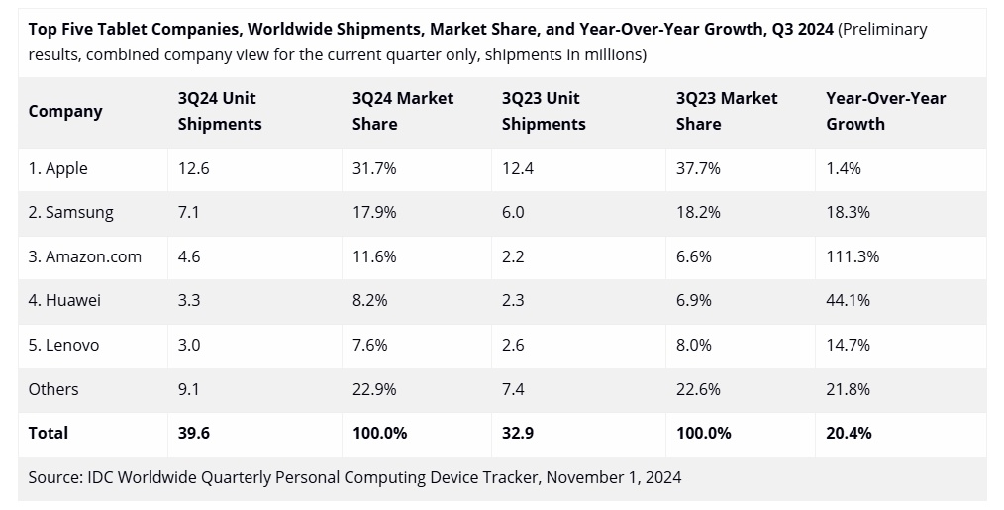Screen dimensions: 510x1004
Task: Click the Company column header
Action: pos(65,111)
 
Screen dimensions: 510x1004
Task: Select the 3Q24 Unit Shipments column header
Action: pos(220,111)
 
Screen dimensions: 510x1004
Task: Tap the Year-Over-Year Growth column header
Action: pos(885,111)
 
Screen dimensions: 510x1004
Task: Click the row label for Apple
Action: pos(58,168)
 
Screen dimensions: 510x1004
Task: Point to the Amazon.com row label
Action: pos(85,256)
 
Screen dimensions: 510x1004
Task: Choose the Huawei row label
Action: pos(65,300)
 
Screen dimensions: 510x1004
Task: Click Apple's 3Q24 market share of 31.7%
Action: pos(374,168)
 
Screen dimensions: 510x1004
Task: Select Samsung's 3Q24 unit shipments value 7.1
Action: pos(188,212)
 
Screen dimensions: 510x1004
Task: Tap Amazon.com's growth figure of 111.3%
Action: pos(853,256)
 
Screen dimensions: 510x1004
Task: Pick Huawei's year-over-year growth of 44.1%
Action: pos(849,300)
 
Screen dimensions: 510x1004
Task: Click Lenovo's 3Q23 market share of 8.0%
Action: pos(694,345)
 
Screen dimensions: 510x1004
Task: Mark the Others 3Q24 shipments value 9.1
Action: pos(188,389)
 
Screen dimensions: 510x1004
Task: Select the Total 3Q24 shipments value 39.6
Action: pos(193,433)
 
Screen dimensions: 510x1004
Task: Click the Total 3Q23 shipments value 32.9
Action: pos(519,433)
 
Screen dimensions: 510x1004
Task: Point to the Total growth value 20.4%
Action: pos(850,433)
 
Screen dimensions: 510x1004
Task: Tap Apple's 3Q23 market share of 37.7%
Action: pos(698,168)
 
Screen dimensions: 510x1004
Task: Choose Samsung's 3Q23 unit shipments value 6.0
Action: pos(513,212)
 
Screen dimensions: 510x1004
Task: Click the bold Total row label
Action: pos(49,433)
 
